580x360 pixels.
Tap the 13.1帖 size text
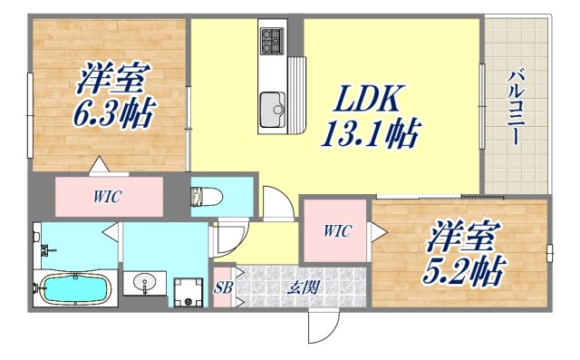371,136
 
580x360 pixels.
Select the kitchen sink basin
271,112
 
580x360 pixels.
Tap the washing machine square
188,290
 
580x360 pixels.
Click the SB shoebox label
224,288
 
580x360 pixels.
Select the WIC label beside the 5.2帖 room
335,231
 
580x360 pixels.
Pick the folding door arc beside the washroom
227,238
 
